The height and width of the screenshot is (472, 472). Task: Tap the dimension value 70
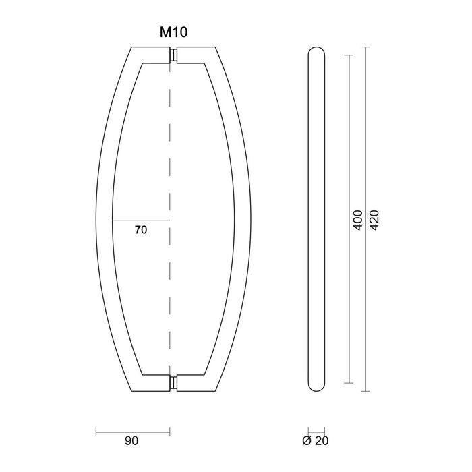point(141,230)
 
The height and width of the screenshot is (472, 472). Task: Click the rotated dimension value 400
point(358,220)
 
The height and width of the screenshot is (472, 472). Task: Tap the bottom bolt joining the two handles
point(174,383)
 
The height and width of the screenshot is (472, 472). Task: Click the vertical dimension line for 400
point(349,135)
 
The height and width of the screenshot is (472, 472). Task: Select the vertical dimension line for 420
point(366,135)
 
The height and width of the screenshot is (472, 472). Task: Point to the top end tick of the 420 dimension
point(366,46)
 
